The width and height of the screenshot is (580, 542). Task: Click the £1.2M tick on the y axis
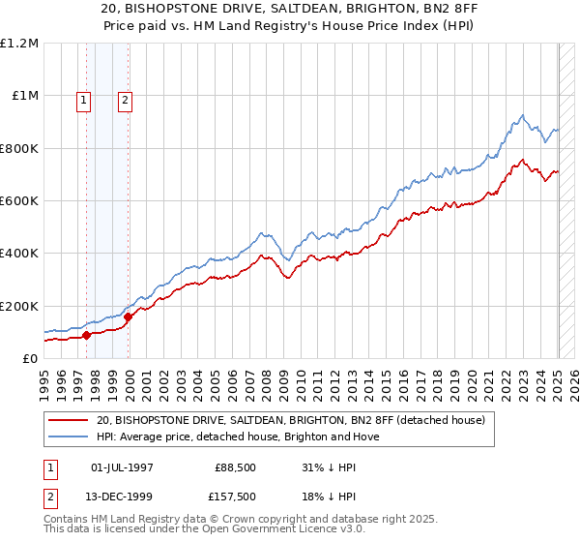21,44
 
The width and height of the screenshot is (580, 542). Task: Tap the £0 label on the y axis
31,358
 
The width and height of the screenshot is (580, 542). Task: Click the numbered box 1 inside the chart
84,98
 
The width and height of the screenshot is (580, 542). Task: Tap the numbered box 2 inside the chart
126,98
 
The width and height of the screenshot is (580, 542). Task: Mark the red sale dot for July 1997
86,335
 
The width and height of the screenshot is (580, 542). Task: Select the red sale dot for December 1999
128,316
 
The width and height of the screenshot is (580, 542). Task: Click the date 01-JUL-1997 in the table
123,467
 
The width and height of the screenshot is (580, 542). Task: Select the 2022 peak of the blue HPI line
521,115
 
